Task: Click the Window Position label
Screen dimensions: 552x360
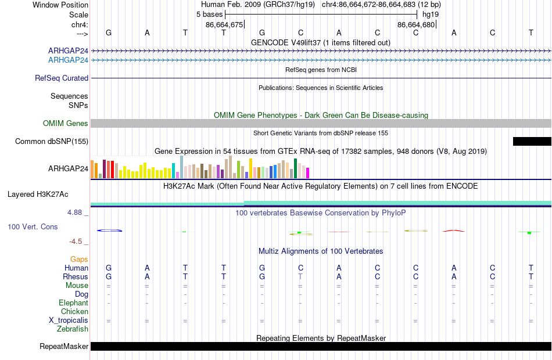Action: coord(60,5)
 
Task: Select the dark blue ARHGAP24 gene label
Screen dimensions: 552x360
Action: coord(69,51)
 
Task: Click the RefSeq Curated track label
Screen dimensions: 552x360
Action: coord(62,78)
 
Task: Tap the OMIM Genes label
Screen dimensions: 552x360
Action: coord(66,123)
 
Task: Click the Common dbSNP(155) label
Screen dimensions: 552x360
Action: coord(52,141)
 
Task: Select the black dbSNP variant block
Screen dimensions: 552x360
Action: coord(532,141)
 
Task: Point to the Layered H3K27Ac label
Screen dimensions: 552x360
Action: coord(38,195)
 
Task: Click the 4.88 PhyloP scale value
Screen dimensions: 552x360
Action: coord(74,213)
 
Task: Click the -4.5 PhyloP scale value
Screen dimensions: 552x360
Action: coord(76,242)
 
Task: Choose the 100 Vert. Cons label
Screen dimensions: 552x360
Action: coord(33,226)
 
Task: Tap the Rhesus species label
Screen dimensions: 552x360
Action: coord(76,276)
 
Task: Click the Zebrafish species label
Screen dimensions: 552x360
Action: coord(73,329)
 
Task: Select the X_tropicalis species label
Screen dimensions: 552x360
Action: coord(69,321)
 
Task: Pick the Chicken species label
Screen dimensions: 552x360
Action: coord(74,311)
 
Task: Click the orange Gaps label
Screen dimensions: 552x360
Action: coord(79,260)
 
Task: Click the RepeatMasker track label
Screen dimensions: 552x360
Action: coord(64,346)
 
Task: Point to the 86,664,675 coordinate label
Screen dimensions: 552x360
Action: coord(224,24)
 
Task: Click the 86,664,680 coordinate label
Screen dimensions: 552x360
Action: coord(416,24)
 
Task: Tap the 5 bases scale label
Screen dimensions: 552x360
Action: coord(209,15)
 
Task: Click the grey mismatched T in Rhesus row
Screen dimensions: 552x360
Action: coord(300,276)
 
